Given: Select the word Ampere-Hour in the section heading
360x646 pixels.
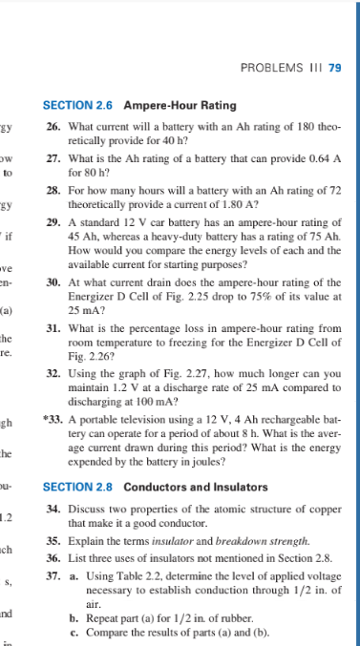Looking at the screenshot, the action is point(159,105).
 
